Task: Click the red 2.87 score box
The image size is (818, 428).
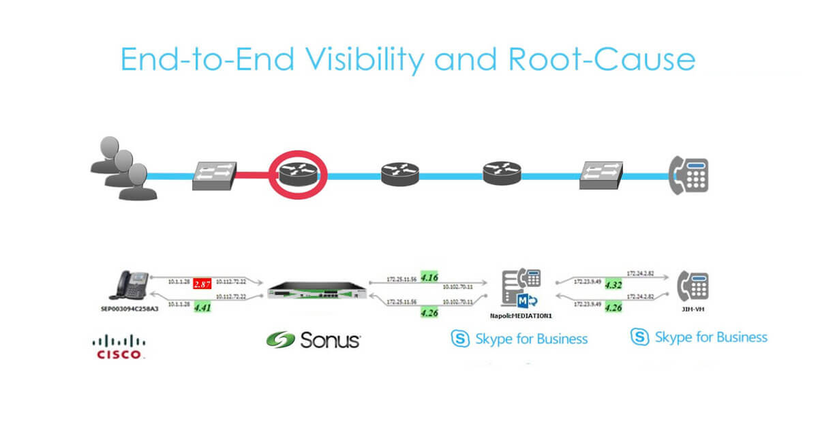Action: coord(201,283)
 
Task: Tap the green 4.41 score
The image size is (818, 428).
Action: coord(202,308)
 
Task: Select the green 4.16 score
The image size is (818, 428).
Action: coord(430,277)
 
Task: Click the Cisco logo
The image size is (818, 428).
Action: coord(119,347)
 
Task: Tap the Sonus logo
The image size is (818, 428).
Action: coord(313,339)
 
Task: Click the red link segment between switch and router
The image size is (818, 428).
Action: coord(256,176)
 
